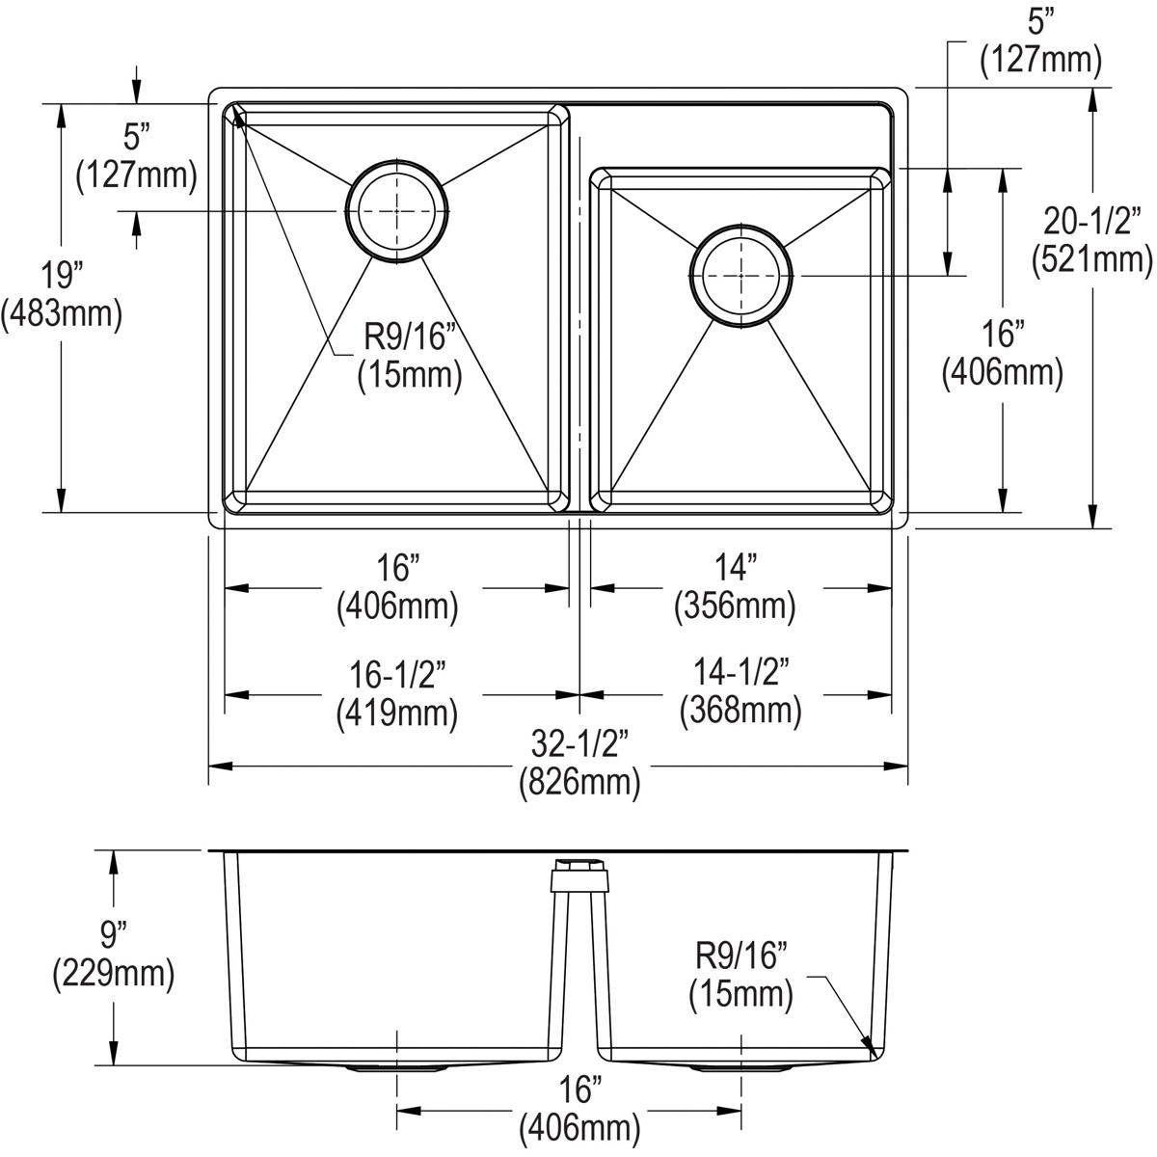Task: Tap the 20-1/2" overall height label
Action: pos(1091,222)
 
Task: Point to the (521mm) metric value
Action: pos(1091,258)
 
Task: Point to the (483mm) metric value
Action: pos(62,314)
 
